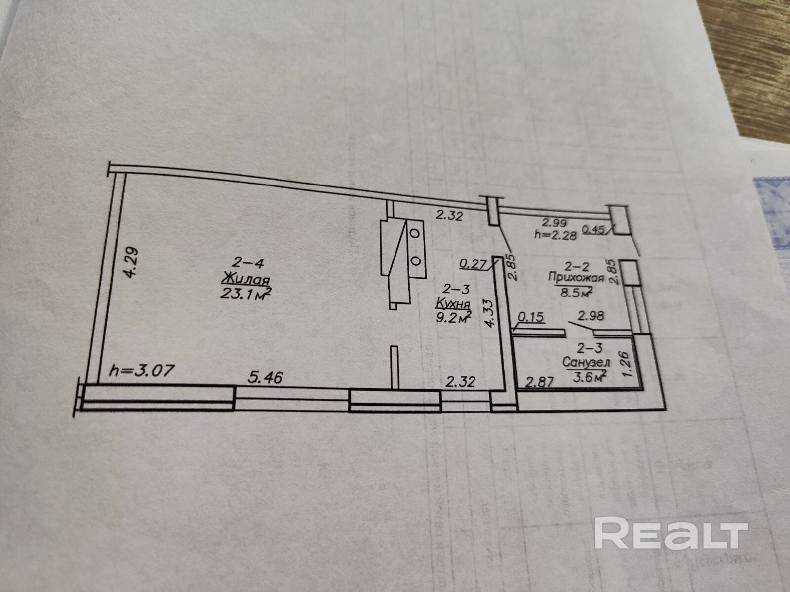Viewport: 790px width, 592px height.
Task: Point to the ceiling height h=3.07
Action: point(142,370)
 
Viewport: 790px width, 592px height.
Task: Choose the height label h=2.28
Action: point(555,235)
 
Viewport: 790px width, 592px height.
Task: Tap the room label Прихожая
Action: point(576,277)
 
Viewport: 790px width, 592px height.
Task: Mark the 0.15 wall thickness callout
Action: point(532,317)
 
